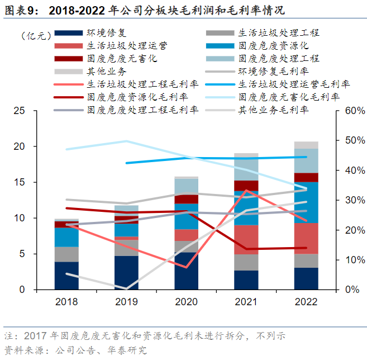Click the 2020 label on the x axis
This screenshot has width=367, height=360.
[187, 302]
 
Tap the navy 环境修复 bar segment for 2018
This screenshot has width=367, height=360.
[66, 275]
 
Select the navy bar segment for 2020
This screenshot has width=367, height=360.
[187, 271]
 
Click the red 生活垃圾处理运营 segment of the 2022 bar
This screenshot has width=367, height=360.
[306, 238]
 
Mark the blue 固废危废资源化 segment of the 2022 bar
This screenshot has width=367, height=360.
[306, 202]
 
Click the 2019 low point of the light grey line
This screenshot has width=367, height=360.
[126, 289]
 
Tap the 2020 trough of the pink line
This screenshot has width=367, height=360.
[187, 267]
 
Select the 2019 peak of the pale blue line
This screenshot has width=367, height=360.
[126, 141]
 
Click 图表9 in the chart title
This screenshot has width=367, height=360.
[23, 10]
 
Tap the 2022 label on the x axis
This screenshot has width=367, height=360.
[306, 302]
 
